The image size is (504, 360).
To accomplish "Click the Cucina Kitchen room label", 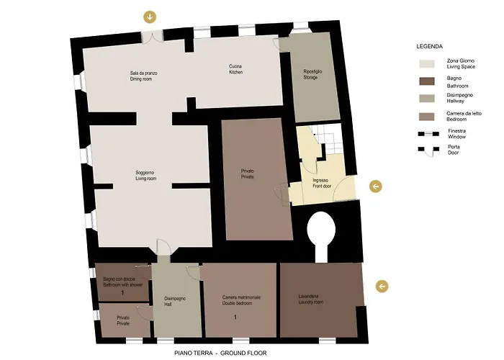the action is pyautogui.click(x=235, y=69).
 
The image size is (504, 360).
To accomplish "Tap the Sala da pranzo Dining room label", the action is pyautogui.click(x=143, y=76).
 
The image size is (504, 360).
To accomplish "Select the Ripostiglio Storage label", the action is pyautogui.click(x=312, y=74).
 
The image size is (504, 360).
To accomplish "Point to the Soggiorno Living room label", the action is pyautogui.click(x=145, y=176).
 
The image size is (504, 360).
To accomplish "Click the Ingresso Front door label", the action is pyautogui.click(x=322, y=183).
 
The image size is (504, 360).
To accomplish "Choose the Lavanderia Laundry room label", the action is pyautogui.click(x=310, y=300).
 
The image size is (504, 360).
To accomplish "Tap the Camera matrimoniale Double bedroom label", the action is pyautogui.click(x=241, y=300).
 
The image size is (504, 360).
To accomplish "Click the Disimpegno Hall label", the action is pyautogui.click(x=174, y=301).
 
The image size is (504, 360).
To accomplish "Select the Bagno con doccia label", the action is pyautogui.click(x=119, y=279).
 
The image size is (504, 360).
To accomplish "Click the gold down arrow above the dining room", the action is pyautogui.click(x=150, y=17).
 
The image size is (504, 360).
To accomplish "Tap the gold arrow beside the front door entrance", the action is pyautogui.click(x=375, y=186).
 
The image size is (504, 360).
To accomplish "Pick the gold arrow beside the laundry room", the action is pyautogui.click(x=382, y=286).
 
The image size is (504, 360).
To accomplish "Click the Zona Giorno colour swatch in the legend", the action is pyautogui.click(x=427, y=63).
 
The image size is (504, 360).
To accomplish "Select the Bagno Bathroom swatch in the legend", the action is pyautogui.click(x=427, y=81).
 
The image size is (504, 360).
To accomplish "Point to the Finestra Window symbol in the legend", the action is pyautogui.click(x=428, y=134).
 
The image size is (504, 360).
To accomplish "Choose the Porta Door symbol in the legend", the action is pyautogui.click(x=428, y=150).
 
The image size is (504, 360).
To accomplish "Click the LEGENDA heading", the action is pyautogui.click(x=429, y=46).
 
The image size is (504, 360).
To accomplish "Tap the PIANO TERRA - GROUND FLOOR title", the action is pyautogui.click(x=220, y=353).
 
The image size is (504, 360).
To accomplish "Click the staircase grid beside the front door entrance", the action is pyautogui.click(x=326, y=139).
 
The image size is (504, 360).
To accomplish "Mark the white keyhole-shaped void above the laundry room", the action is pyautogui.click(x=321, y=235).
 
